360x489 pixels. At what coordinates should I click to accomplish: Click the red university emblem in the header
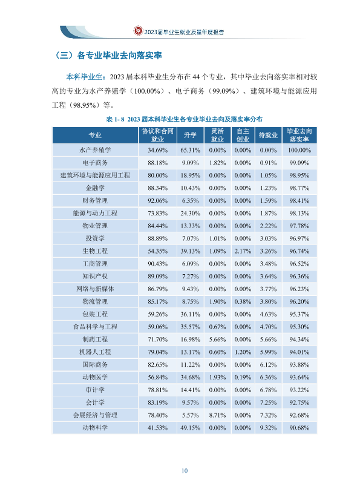click(138, 30)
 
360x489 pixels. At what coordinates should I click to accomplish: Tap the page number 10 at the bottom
click(185, 471)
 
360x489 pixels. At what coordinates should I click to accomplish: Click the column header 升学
click(190, 135)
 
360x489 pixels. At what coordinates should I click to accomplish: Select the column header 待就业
click(268, 135)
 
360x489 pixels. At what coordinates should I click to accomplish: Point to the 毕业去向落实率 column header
click(299, 135)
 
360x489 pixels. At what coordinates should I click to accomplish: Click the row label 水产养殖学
click(95, 150)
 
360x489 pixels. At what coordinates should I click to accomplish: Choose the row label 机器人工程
click(95, 352)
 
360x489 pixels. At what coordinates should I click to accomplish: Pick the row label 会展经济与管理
click(95, 415)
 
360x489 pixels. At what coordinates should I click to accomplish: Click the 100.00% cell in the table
click(299, 150)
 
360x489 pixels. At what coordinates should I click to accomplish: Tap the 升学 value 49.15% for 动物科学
click(190, 427)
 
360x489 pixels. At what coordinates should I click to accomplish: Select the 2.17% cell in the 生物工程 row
click(243, 251)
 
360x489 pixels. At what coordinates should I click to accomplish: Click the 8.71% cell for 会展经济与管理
click(217, 415)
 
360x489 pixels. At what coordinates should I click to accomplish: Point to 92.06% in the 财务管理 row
click(158, 200)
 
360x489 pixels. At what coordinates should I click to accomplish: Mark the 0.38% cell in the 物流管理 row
click(243, 301)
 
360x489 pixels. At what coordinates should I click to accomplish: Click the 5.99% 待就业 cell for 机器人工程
click(268, 352)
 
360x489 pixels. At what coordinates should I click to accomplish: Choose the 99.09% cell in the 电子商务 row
click(299, 163)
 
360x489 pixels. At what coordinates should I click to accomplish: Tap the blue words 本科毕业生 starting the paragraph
click(84, 77)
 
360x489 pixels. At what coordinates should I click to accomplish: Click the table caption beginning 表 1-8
click(184, 119)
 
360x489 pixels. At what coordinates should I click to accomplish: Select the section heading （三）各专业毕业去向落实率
click(108, 56)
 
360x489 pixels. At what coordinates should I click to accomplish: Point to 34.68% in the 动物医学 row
click(190, 378)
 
